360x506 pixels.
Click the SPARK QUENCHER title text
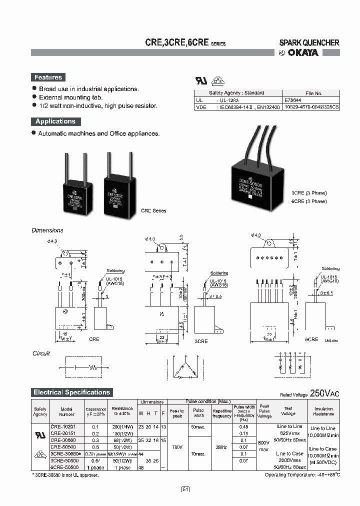click(309, 43)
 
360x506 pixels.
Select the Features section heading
click(48, 77)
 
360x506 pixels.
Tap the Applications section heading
click(55, 121)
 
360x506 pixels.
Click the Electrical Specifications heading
click(71, 392)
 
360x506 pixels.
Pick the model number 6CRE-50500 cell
click(64, 466)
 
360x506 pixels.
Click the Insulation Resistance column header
click(323, 411)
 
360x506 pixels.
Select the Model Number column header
click(66, 411)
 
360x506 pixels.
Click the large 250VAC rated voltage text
click(325, 393)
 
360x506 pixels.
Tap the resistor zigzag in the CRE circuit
click(92, 366)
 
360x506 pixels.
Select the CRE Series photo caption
click(153, 211)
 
